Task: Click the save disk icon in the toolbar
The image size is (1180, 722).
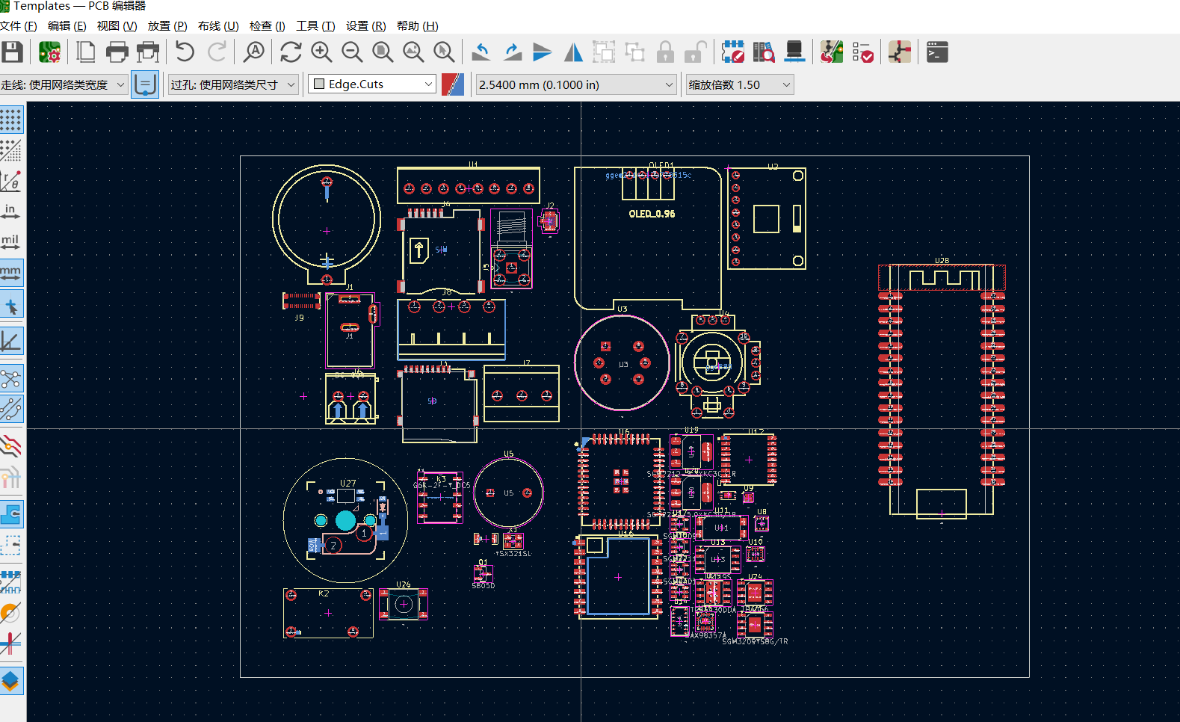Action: tap(13, 52)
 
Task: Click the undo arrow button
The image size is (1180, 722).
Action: tap(185, 52)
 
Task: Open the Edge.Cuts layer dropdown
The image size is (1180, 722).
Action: tap(372, 84)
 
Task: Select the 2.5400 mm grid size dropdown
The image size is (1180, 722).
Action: tap(575, 84)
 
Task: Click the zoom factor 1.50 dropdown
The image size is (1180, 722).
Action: tap(739, 84)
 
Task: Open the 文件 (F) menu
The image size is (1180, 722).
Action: tap(19, 26)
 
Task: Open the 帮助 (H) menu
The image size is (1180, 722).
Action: tap(417, 26)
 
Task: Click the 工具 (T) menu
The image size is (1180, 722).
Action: tap(315, 26)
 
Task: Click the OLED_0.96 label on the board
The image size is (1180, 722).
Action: tap(652, 214)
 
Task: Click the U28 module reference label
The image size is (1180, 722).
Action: tap(942, 261)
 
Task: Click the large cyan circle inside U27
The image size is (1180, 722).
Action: tap(345, 520)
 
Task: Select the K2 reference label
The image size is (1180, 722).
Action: tap(324, 593)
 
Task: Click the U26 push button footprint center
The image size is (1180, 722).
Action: tap(404, 604)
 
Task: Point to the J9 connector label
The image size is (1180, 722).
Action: tap(299, 318)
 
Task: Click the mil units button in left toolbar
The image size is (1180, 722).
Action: tap(11, 241)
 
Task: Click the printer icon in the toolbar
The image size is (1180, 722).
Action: tap(117, 52)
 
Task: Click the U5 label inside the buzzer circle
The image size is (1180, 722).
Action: tap(508, 493)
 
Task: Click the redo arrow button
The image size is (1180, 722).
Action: tap(217, 52)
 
